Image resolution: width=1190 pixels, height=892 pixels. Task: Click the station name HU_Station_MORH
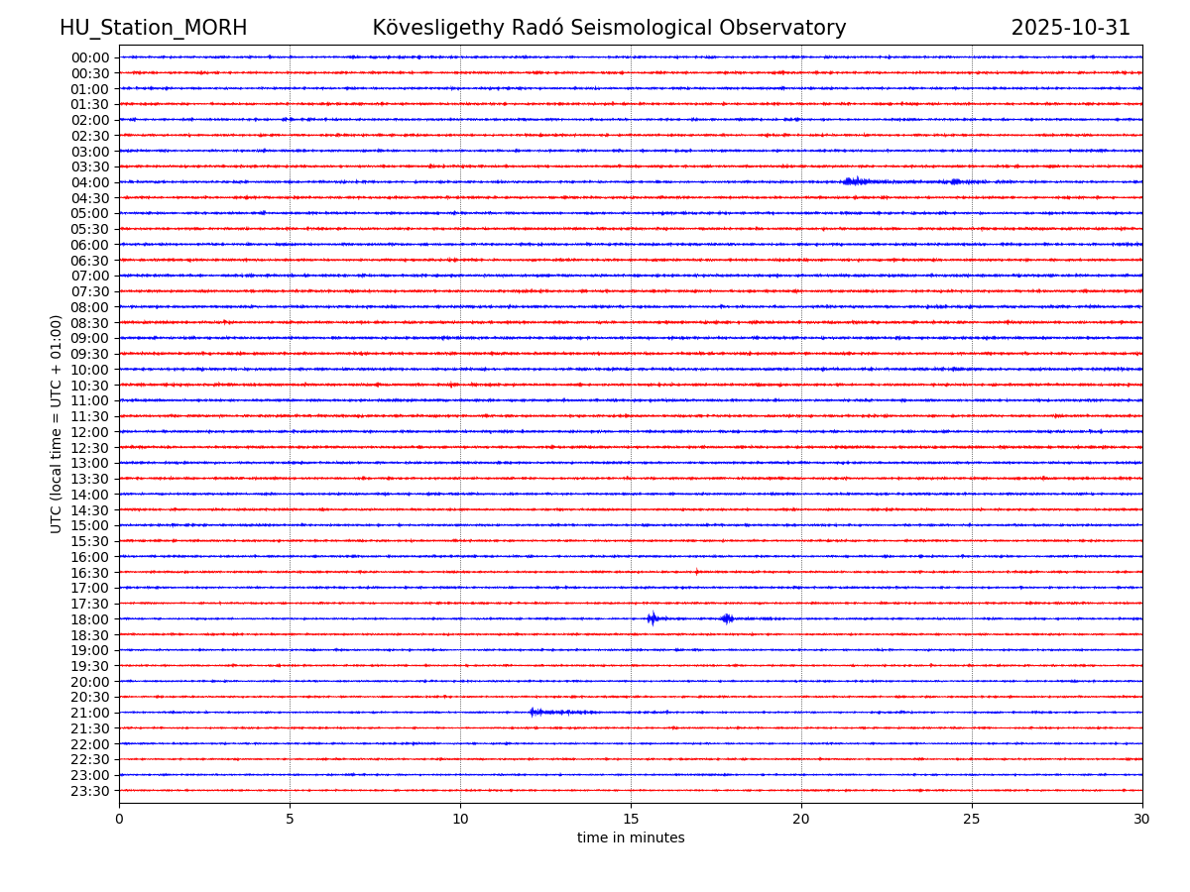[153, 28]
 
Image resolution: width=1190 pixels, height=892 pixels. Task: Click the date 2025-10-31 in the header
[1070, 28]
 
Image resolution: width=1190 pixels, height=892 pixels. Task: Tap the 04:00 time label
[90, 182]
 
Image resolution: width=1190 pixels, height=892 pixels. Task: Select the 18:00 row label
[90, 619]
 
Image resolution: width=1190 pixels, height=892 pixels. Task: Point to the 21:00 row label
[90, 713]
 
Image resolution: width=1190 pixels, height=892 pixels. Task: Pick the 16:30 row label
[90, 573]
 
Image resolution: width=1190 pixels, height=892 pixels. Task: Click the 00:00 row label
[90, 57]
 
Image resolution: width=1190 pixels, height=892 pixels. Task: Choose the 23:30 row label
[90, 791]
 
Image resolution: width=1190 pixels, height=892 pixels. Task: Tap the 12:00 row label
[90, 432]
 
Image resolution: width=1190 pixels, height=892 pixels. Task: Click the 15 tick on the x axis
[631, 820]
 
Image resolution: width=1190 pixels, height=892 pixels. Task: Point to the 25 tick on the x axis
[972, 820]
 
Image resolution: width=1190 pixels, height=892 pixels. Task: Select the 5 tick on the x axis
[290, 820]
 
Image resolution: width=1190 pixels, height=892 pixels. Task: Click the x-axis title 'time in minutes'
[631, 838]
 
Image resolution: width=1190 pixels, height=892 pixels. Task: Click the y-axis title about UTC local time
[57, 423]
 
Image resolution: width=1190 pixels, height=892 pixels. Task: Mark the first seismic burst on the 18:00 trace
[652, 618]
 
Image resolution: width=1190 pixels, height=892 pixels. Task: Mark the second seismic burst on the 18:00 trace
[727, 618]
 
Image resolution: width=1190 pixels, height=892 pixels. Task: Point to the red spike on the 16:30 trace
[696, 572]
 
